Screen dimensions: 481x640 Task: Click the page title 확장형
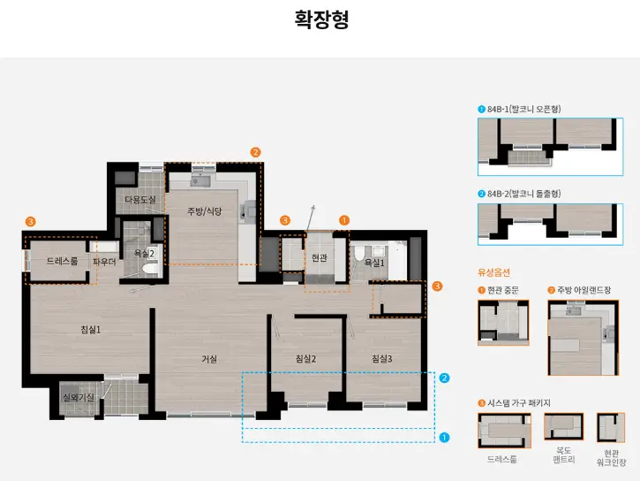click(321, 20)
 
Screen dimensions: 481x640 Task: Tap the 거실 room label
click(209, 358)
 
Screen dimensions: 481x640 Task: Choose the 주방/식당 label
click(204, 211)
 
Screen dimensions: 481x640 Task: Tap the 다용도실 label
click(139, 200)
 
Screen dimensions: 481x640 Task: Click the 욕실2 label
click(144, 253)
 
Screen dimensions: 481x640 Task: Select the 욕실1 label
click(374, 263)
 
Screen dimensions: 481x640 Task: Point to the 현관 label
click(319, 258)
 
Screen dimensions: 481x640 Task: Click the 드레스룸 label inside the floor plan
click(62, 261)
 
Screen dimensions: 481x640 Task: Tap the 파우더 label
click(104, 262)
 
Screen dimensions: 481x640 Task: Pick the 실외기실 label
click(78, 398)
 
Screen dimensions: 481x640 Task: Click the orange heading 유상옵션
click(493, 272)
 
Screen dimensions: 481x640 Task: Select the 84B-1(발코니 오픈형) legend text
click(523, 109)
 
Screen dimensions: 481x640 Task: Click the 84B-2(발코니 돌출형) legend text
click(523, 194)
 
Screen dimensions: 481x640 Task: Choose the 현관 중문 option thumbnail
click(503, 322)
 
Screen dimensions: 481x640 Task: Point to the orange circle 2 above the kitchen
click(255, 152)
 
